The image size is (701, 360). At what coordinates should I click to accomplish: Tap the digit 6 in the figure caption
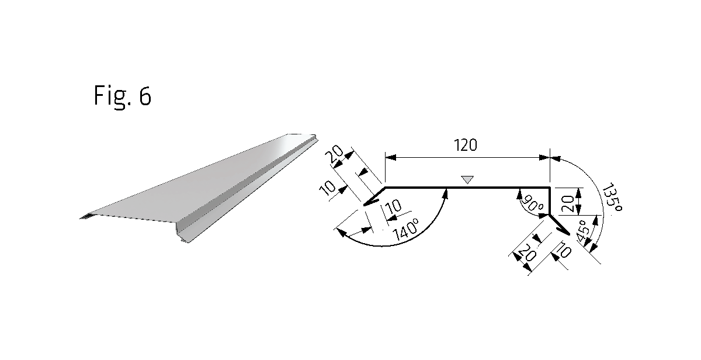145,96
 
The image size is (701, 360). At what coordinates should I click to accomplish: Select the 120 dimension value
466,145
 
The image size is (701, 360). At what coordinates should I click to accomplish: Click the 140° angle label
406,230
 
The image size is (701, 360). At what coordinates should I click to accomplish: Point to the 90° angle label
533,204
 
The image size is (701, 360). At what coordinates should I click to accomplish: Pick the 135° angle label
612,198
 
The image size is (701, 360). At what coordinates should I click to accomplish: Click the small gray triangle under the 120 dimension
467,179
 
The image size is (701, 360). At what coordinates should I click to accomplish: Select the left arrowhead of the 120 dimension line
391,157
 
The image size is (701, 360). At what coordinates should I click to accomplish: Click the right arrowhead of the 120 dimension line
544,157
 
